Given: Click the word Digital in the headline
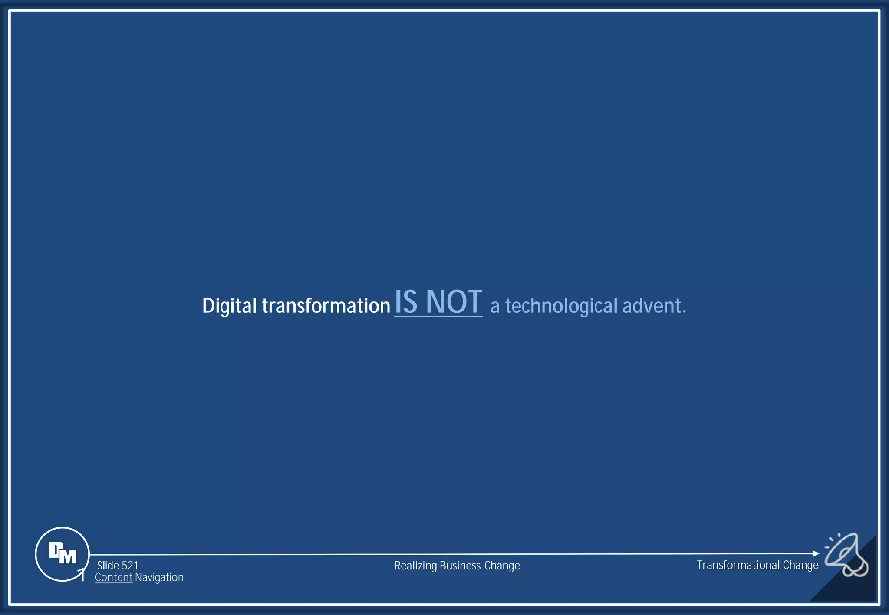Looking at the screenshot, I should click(229, 306).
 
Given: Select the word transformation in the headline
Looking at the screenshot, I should click(326, 306).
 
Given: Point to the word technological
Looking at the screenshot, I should click(561, 306).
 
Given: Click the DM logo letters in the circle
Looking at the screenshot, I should click(63, 553).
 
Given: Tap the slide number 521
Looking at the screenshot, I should click(130, 566).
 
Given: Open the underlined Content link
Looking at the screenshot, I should click(114, 577).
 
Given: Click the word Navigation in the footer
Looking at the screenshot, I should click(159, 577).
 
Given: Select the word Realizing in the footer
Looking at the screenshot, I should click(415, 566).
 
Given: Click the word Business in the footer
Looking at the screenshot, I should click(460, 566).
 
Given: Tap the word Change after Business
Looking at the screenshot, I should click(502, 566).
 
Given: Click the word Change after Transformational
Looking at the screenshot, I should click(800, 565).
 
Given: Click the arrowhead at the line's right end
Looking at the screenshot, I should click(816, 553).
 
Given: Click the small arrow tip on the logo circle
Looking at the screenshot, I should click(82, 572).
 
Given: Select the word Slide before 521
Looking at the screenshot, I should click(108, 566).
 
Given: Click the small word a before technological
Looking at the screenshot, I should click(494, 307).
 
